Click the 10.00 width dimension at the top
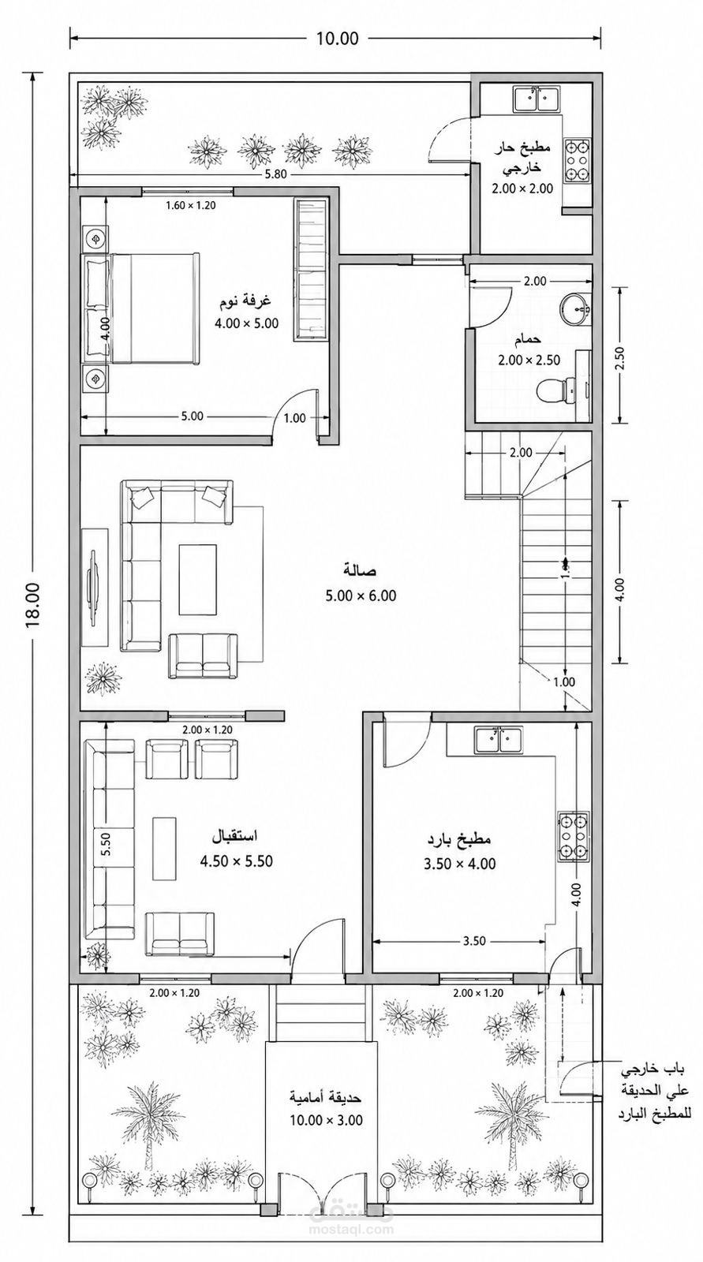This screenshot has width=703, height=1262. [x=337, y=38]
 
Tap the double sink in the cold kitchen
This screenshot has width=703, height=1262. [x=499, y=741]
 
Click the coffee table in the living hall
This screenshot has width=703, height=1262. [x=198, y=579]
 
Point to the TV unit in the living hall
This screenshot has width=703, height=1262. [x=95, y=587]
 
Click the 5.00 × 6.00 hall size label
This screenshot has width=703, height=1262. [x=361, y=596]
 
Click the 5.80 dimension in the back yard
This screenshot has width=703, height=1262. [x=276, y=174]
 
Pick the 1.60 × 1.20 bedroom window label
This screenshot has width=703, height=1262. [x=191, y=206]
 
